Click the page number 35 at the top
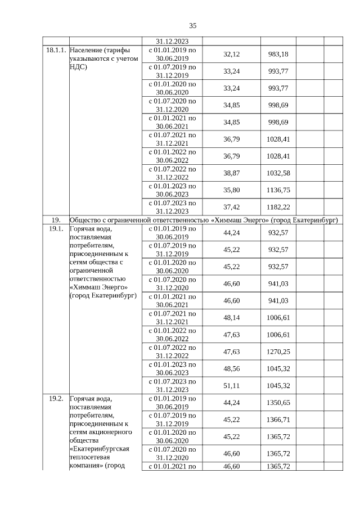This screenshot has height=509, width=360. [192, 26]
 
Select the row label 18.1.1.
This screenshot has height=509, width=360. [57, 50]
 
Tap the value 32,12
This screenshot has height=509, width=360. [232, 54]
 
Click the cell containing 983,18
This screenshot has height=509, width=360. [278, 54]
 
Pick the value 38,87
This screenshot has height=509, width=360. [232, 173]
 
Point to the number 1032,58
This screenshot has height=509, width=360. [278, 173]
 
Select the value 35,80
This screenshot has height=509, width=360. [232, 190]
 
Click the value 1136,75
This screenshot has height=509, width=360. [278, 190]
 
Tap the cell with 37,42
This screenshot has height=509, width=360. [232, 206]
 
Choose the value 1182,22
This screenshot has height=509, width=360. [278, 206]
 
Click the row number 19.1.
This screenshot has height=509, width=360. [56, 229]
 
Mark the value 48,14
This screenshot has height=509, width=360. [232, 317]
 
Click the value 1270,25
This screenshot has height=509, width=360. [278, 352]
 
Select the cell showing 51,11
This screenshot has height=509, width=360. [232, 385]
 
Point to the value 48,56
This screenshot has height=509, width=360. [232, 368]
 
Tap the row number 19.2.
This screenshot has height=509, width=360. [56, 398]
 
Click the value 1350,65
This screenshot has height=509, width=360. [278, 403]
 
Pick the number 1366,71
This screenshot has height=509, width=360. [278, 420]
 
